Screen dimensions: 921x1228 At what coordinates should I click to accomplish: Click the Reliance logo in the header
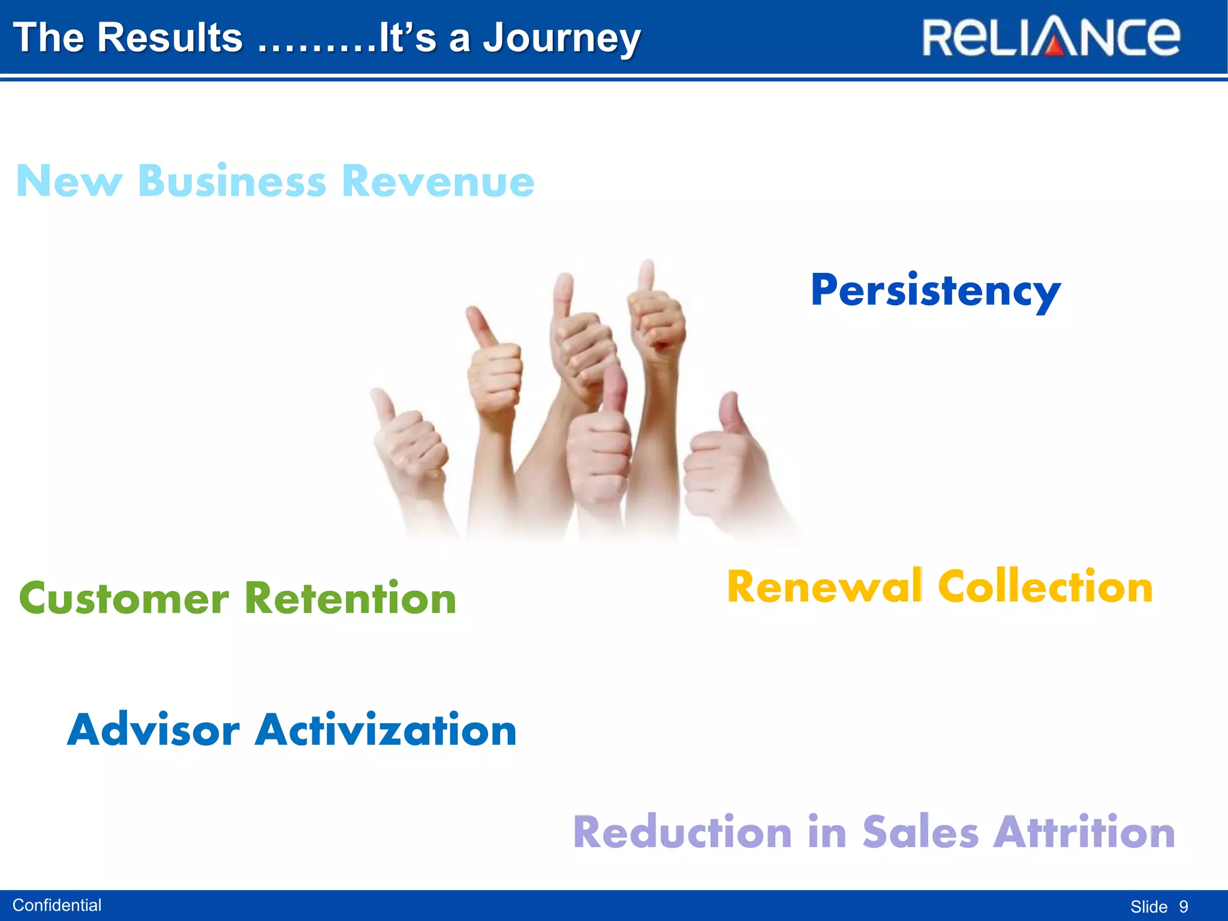pyautogui.click(x=1051, y=37)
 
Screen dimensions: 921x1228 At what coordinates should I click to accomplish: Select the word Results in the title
pyautogui.click(x=170, y=37)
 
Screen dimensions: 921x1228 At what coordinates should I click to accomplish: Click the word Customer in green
pyautogui.click(x=124, y=599)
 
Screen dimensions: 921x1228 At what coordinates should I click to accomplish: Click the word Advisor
pyautogui.click(x=153, y=730)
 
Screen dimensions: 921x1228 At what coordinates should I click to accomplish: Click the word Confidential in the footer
pyautogui.click(x=57, y=905)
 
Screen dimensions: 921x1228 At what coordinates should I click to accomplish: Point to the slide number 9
pyautogui.click(x=1183, y=907)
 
